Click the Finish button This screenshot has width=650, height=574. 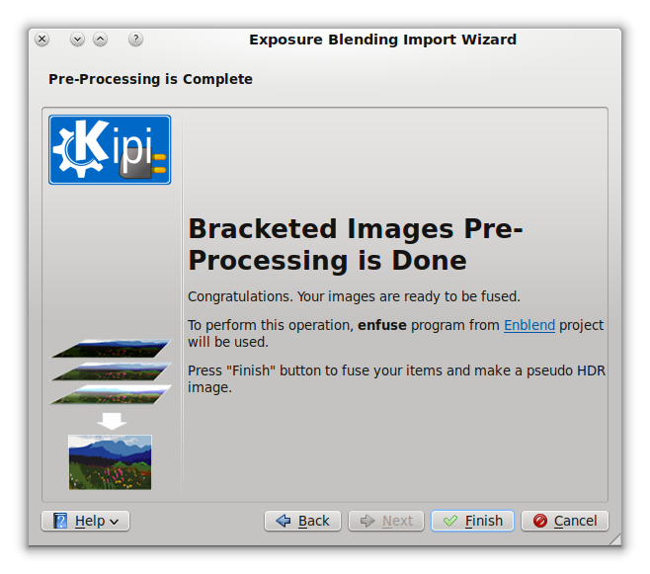point(472,521)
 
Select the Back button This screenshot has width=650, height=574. point(302,521)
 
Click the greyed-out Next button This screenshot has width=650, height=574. point(386,521)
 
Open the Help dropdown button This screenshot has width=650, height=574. point(85,521)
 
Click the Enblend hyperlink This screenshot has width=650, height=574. point(529,325)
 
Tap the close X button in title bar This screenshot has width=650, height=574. point(41,40)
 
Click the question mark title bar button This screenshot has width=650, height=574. point(135,40)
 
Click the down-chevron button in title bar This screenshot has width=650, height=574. point(77,40)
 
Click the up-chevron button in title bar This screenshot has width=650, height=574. point(101,40)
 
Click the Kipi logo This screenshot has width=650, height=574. point(110,149)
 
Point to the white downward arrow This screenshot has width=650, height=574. point(112,421)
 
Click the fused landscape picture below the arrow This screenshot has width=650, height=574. point(110,462)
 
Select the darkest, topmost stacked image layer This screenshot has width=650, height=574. point(111,349)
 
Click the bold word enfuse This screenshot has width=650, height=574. point(382,325)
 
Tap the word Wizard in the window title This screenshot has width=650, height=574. point(489,40)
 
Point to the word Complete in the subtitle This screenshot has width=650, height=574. point(217,79)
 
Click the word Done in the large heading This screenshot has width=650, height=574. point(430,261)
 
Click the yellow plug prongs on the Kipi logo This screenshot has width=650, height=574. point(160,163)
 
